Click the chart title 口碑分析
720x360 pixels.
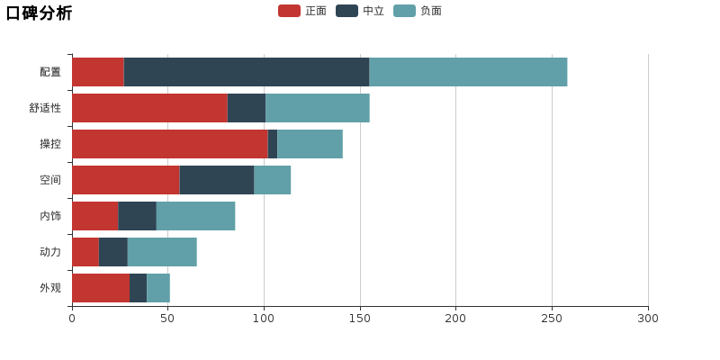click(x=39, y=13)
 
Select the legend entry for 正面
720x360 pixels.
click(x=302, y=11)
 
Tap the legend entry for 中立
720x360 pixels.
click(x=360, y=11)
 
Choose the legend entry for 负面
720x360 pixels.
click(x=418, y=11)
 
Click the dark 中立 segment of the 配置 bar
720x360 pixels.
click(x=247, y=72)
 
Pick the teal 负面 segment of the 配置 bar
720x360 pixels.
click(x=468, y=72)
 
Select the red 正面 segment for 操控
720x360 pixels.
click(x=170, y=144)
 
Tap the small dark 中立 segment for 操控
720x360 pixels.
click(x=273, y=144)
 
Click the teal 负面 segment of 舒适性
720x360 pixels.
click(x=318, y=108)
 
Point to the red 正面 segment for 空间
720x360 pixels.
click(x=126, y=180)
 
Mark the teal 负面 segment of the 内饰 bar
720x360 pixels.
click(x=195, y=216)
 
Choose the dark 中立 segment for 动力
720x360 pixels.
click(x=113, y=252)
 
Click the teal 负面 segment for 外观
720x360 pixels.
click(x=158, y=288)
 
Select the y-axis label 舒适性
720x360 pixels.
click(x=45, y=108)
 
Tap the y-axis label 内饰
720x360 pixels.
click(x=50, y=216)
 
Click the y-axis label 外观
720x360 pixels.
click(x=50, y=288)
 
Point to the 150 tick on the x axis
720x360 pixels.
click(x=360, y=319)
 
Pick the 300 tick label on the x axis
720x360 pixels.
click(x=648, y=319)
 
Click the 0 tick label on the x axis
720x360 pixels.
click(x=72, y=319)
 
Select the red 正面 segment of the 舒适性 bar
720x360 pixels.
click(x=149, y=108)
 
